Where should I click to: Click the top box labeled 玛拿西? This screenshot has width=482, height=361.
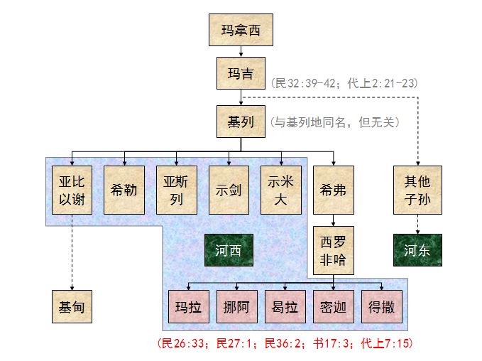pyautogui.click(x=241, y=30)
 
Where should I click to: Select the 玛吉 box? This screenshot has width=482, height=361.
pyautogui.click(x=241, y=74)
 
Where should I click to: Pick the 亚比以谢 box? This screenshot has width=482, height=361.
pyautogui.click(x=72, y=190)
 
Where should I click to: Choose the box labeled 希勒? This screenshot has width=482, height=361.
pyautogui.click(x=124, y=190)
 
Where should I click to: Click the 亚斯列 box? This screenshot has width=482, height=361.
pyautogui.click(x=177, y=190)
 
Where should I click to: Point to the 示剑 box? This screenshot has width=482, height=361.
pyautogui.click(x=229, y=190)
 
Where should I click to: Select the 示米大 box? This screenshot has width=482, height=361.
pyautogui.click(x=282, y=190)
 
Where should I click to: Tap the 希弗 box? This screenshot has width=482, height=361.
pyautogui.click(x=334, y=190)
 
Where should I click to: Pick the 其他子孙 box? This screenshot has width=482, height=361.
pyautogui.click(x=417, y=190)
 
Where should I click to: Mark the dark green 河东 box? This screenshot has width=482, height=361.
pyautogui.click(x=417, y=250)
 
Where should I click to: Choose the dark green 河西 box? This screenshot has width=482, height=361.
pyautogui.click(x=229, y=250)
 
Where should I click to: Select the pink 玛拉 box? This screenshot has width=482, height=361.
pyautogui.click(x=189, y=308)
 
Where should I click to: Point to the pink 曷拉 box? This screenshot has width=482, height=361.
pyautogui.click(x=285, y=308)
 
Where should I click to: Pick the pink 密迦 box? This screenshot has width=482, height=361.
pyautogui.click(x=334, y=308)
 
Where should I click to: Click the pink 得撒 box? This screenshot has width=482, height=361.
pyautogui.click(x=382, y=308)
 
